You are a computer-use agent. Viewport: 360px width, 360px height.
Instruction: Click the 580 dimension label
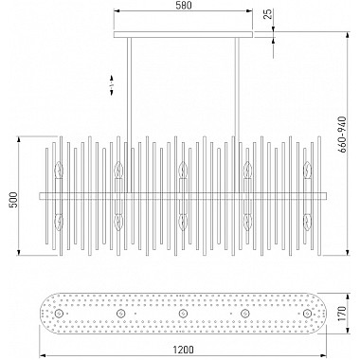(183, 6)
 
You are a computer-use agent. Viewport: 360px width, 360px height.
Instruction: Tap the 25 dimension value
(268, 14)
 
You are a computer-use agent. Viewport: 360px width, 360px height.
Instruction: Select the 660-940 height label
(342, 135)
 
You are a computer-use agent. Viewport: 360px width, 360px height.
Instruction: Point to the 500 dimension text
(13, 200)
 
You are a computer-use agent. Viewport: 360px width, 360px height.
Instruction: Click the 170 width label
(342, 314)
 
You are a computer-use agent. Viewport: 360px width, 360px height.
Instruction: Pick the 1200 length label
(183, 350)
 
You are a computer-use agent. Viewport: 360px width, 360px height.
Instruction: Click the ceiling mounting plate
(183, 34)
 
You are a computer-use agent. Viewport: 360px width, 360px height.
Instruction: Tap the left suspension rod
(129, 116)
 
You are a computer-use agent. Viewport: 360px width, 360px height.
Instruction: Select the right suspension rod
(237, 116)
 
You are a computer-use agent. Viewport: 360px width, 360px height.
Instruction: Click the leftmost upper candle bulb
(59, 170)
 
